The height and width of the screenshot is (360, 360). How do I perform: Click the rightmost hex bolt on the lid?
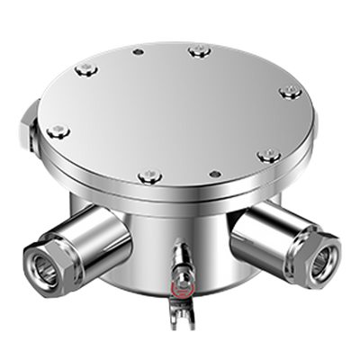click(289, 92)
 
